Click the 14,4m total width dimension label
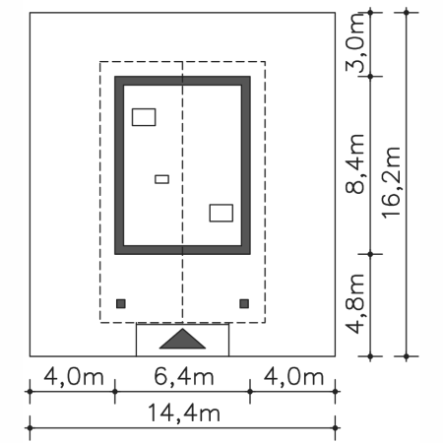point(184,412)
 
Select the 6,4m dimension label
point(184,376)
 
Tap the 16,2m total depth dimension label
point(391,183)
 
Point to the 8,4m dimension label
point(355,163)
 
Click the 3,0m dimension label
point(355,42)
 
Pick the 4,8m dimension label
point(355,303)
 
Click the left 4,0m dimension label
point(74,376)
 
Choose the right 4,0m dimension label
point(294,376)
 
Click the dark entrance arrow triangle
point(182,340)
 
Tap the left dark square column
point(121,303)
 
